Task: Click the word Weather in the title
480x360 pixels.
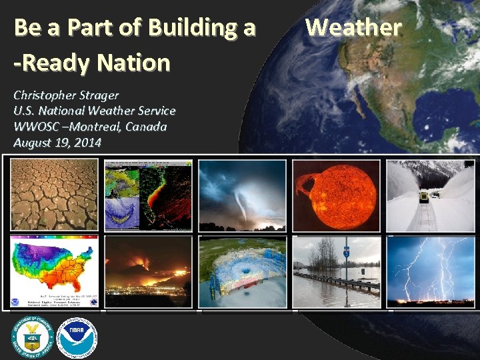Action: pyautogui.click(x=353, y=28)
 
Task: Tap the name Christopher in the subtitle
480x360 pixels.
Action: pyautogui.click(x=45, y=95)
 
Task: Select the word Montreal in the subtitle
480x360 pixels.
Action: pyautogui.click(x=94, y=127)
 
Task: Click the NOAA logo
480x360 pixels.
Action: pyautogui.click(x=77, y=336)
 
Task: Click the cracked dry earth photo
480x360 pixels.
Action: pyautogui.click(x=54, y=195)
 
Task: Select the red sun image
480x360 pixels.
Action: pyautogui.click(x=335, y=195)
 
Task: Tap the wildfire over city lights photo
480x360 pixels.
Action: pyautogui.click(x=148, y=271)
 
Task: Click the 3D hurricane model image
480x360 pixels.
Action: pyautogui.click(x=243, y=271)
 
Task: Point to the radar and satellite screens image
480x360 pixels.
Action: pyautogui.click(x=148, y=195)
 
